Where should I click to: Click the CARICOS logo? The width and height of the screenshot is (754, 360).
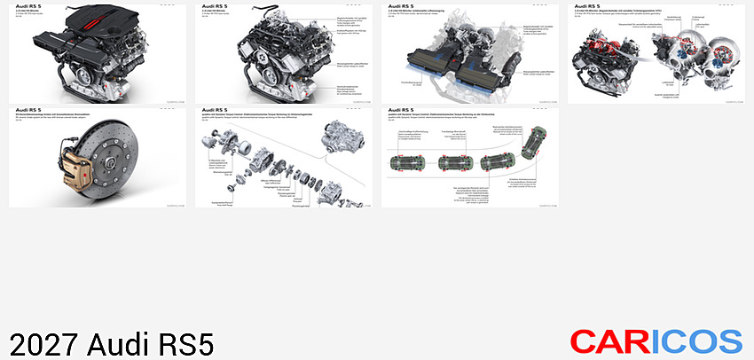(x=656, y=340)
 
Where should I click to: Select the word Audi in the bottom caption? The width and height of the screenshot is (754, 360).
(x=119, y=343)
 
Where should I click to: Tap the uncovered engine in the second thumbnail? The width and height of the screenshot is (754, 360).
(x=262, y=53)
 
